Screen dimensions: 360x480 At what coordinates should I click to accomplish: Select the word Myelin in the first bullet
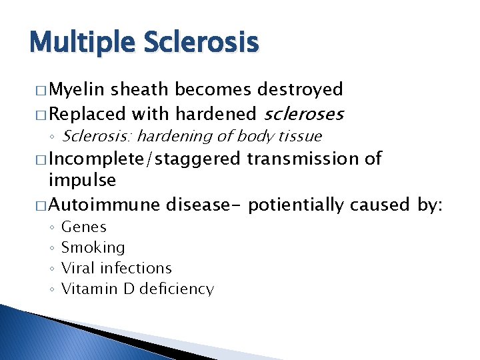[x=78, y=90]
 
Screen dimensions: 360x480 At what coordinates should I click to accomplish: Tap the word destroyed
[x=301, y=89]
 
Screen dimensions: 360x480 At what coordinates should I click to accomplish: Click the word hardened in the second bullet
[x=213, y=114]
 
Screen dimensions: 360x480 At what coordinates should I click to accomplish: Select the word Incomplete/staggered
[x=145, y=159]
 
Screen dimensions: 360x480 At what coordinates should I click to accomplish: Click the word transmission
[x=305, y=159]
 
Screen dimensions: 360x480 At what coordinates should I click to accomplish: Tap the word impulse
[x=82, y=181]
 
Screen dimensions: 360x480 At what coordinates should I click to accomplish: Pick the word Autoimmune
[x=105, y=203]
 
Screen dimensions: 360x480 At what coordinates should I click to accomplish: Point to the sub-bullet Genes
[x=83, y=227]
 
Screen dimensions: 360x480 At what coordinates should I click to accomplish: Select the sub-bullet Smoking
[x=93, y=248]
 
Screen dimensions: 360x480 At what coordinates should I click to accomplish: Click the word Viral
[x=78, y=268]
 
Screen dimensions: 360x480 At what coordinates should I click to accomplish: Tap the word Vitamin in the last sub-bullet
[x=87, y=289]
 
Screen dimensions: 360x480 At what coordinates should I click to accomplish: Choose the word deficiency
[x=177, y=289]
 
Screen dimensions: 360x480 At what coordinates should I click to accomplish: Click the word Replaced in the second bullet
[x=88, y=114]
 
